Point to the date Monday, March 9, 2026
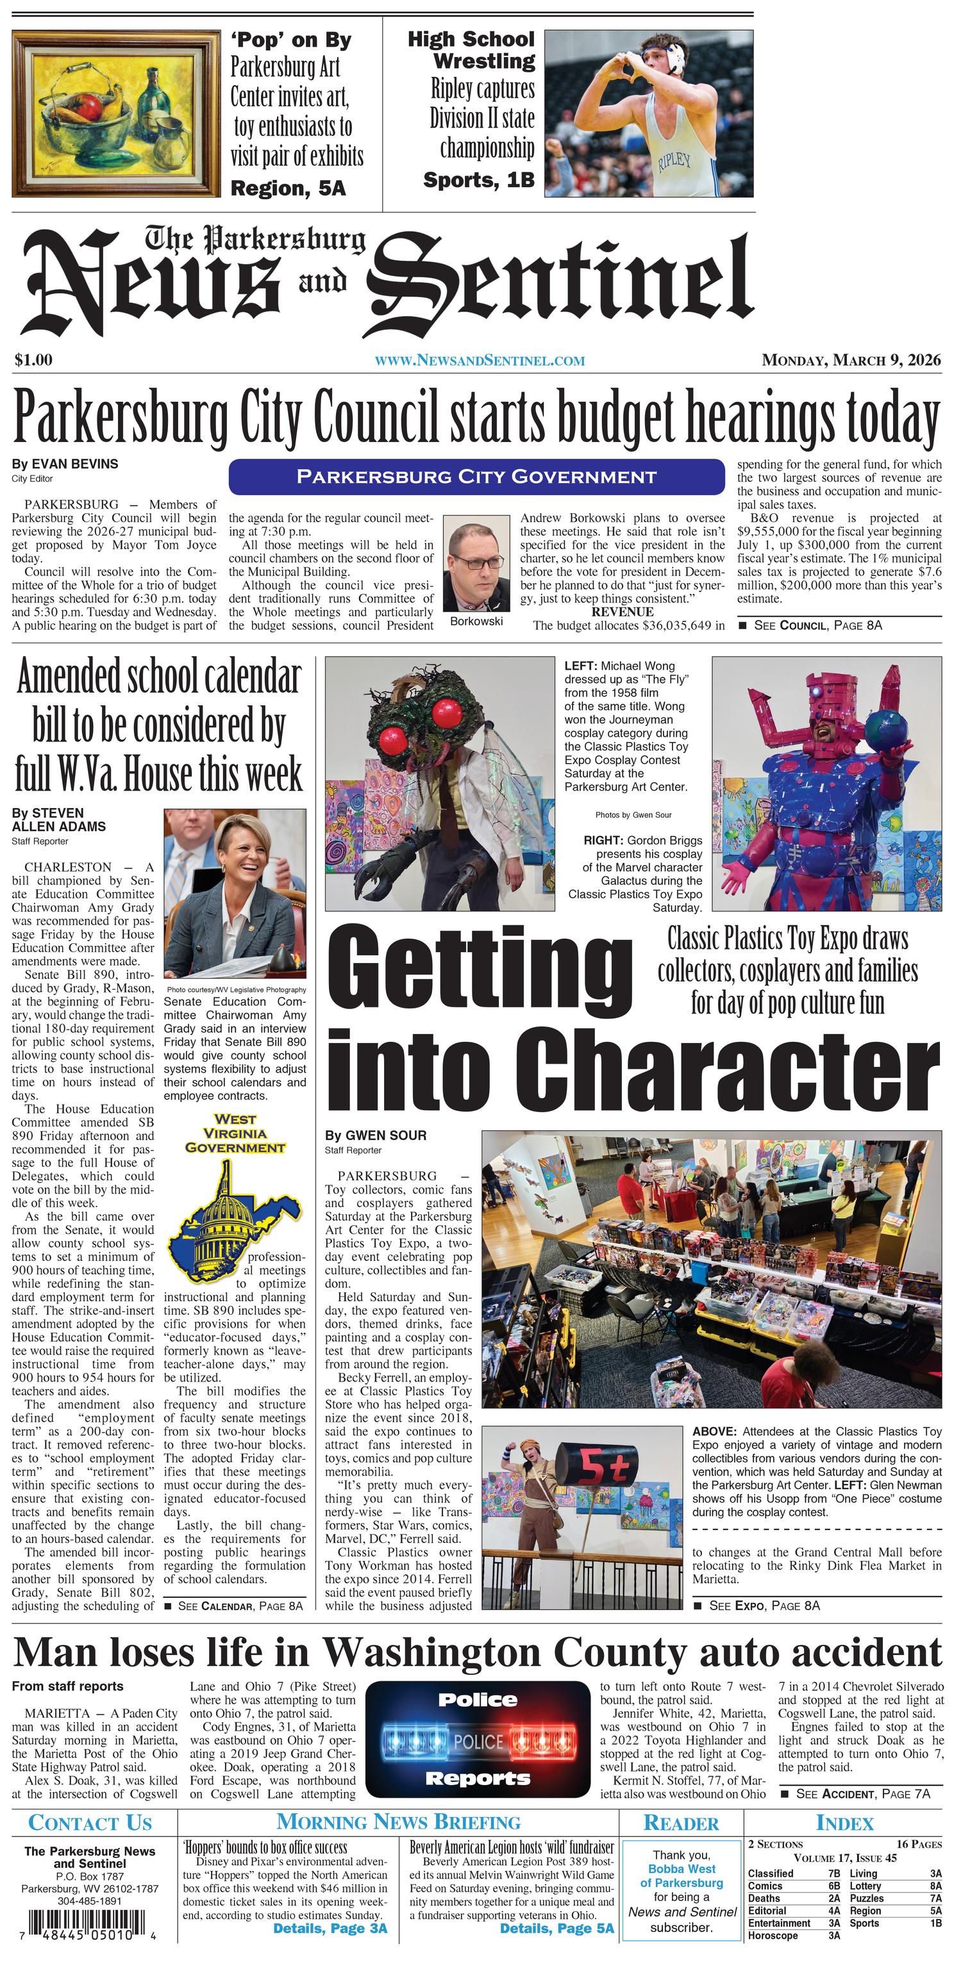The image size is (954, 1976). (850, 359)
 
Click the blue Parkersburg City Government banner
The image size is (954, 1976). (476, 476)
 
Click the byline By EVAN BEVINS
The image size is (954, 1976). (65, 464)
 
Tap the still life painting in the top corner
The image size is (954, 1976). (116, 113)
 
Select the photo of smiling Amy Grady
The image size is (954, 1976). (235, 893)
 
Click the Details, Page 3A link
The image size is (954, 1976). (330, 1929)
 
